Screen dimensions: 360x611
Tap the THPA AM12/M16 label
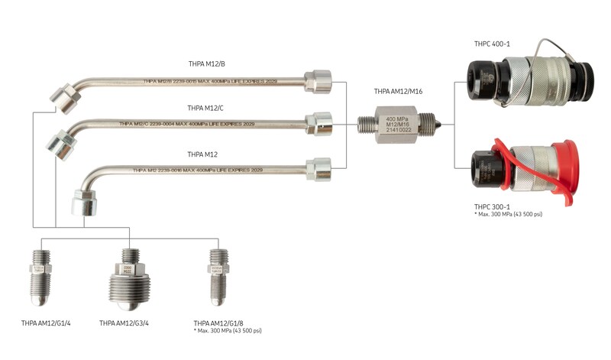pyautogui.click(x=398, y=91)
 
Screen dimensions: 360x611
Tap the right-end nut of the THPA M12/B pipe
pyautogui.click(x=317, y=79)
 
